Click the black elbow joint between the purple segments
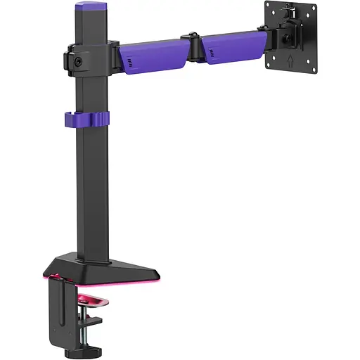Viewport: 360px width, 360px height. [x=192, y=48]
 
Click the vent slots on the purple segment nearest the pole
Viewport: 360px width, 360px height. [x=130, y=65]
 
